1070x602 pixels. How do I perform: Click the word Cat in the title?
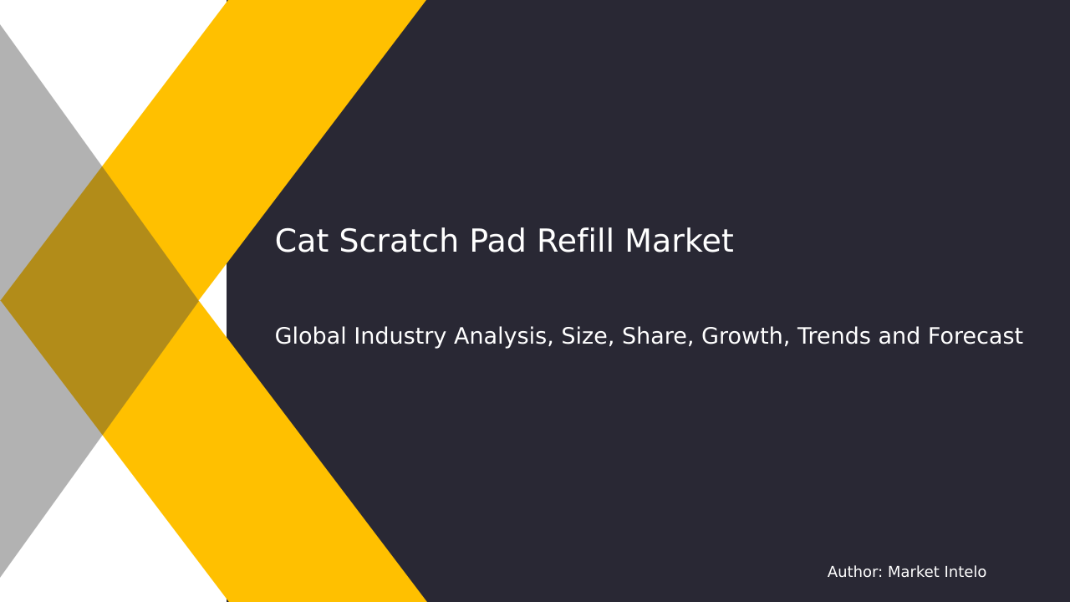point(302,242)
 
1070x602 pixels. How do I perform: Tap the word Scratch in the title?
point(400,242)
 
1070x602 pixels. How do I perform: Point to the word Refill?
point(575,242)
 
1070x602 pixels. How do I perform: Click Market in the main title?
point(679,242)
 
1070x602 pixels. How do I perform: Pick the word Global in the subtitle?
point(310,337)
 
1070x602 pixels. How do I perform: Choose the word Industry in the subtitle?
point(392,337)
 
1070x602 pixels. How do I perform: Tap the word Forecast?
point(972,337)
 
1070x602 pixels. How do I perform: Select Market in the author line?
point(914,573)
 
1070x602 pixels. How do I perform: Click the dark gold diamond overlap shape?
point(100,300)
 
